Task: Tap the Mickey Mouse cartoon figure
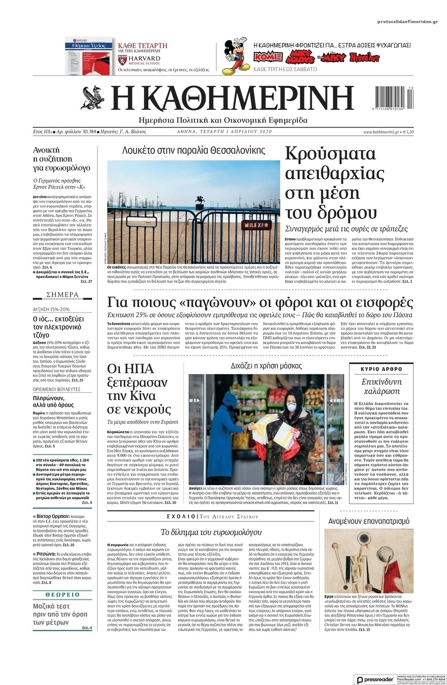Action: pos(235,57)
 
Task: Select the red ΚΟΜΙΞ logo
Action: pos(268,57)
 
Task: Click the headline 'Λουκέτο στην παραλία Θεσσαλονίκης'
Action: pos(194,150)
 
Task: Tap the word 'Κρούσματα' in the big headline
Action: pos(330,154)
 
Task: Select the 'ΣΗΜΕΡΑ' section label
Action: pos(63,295)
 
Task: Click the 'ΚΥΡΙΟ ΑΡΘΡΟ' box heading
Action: pos(381,369)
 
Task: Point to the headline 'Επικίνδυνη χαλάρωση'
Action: pos(381,386)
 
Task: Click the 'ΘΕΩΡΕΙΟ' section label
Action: pos(63,594)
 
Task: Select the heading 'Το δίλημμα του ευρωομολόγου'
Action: pos(211,532)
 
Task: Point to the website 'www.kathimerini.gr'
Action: pos(381,132)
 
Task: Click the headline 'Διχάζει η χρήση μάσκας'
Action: pos(266,366)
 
